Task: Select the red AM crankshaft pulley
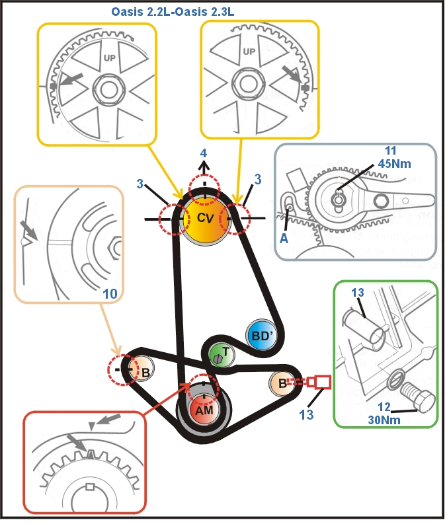(x=204, y=409)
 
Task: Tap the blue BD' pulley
(x=261, y=335)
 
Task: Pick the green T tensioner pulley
(x=221, y=354)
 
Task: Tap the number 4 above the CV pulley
(x=204, y=154)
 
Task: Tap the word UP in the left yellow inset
(x=110, y=57)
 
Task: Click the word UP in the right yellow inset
(x=249, y=52)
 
